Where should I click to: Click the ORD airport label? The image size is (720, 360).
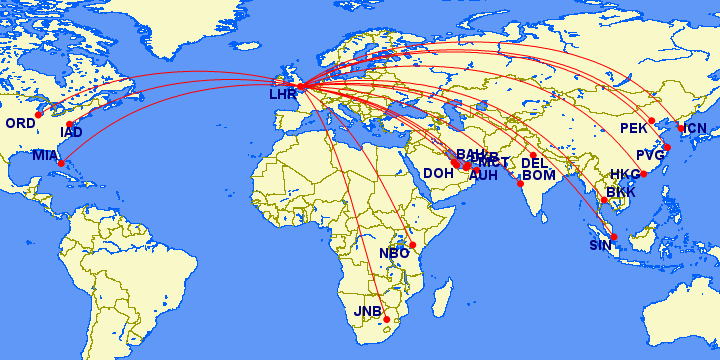click(x=20, y=123)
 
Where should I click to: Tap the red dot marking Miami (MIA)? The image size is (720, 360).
click(x=61, y=163)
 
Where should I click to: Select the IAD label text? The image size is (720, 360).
click(x=71, y=132)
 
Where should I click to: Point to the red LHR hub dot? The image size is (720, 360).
click(x=301, y=86)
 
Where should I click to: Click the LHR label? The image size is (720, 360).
click(x=283, y=95)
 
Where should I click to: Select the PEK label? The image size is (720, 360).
click(x=634, y=128)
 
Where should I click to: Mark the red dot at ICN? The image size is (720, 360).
click(x=682, y=128)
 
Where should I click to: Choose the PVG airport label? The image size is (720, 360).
click(x=650, y=155)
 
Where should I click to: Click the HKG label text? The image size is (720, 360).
click(x=624, y=174)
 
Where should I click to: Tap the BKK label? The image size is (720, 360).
click(x=621, y=191)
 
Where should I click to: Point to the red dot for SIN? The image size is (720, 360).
click(x=614, y=237)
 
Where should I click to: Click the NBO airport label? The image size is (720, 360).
click(x=394, y=253)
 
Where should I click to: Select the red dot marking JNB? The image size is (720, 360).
click(x=387, y=319)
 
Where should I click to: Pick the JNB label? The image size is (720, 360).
click(x=368, y=311)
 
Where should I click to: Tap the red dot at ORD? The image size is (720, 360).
click(x=39, y=114)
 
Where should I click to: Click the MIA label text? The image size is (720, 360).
click(x=45, y=155)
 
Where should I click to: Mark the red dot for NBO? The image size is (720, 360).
click(x=412, y=244)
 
